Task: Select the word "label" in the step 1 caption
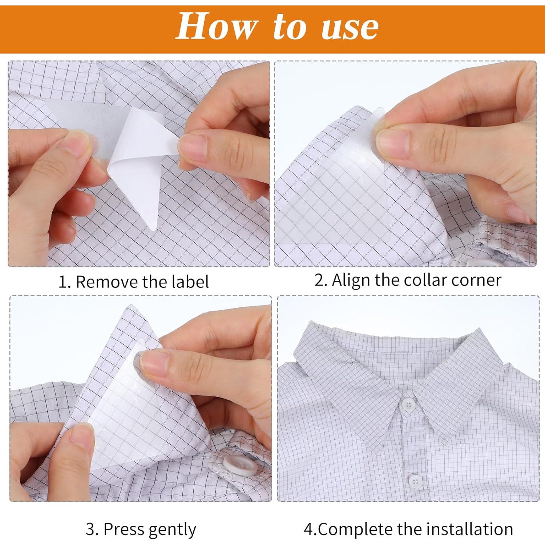(190, 282)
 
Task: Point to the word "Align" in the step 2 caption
(351, 280)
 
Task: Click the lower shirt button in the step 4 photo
(415, 481)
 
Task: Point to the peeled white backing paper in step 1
(140, 163)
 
